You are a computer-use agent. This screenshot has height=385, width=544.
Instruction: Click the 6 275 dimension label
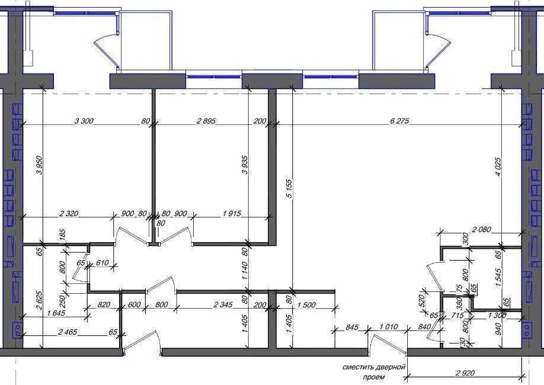point(399,121)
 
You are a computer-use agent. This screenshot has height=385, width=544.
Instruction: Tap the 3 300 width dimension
point(84,121)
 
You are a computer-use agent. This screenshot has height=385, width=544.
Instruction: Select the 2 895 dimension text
point(206,121)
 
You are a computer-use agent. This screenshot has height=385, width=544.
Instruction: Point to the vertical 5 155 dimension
point(289,189)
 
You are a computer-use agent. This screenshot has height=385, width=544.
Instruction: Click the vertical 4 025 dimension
point(498,167)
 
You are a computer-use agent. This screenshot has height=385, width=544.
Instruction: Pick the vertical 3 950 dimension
point(39,165)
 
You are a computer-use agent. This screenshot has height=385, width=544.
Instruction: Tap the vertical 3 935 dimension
point(245,165)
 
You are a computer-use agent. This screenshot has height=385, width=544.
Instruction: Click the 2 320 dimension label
point(69,214)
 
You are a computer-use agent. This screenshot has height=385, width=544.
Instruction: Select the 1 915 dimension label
point(232,214)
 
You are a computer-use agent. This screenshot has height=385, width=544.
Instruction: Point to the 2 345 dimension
point(223,305)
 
